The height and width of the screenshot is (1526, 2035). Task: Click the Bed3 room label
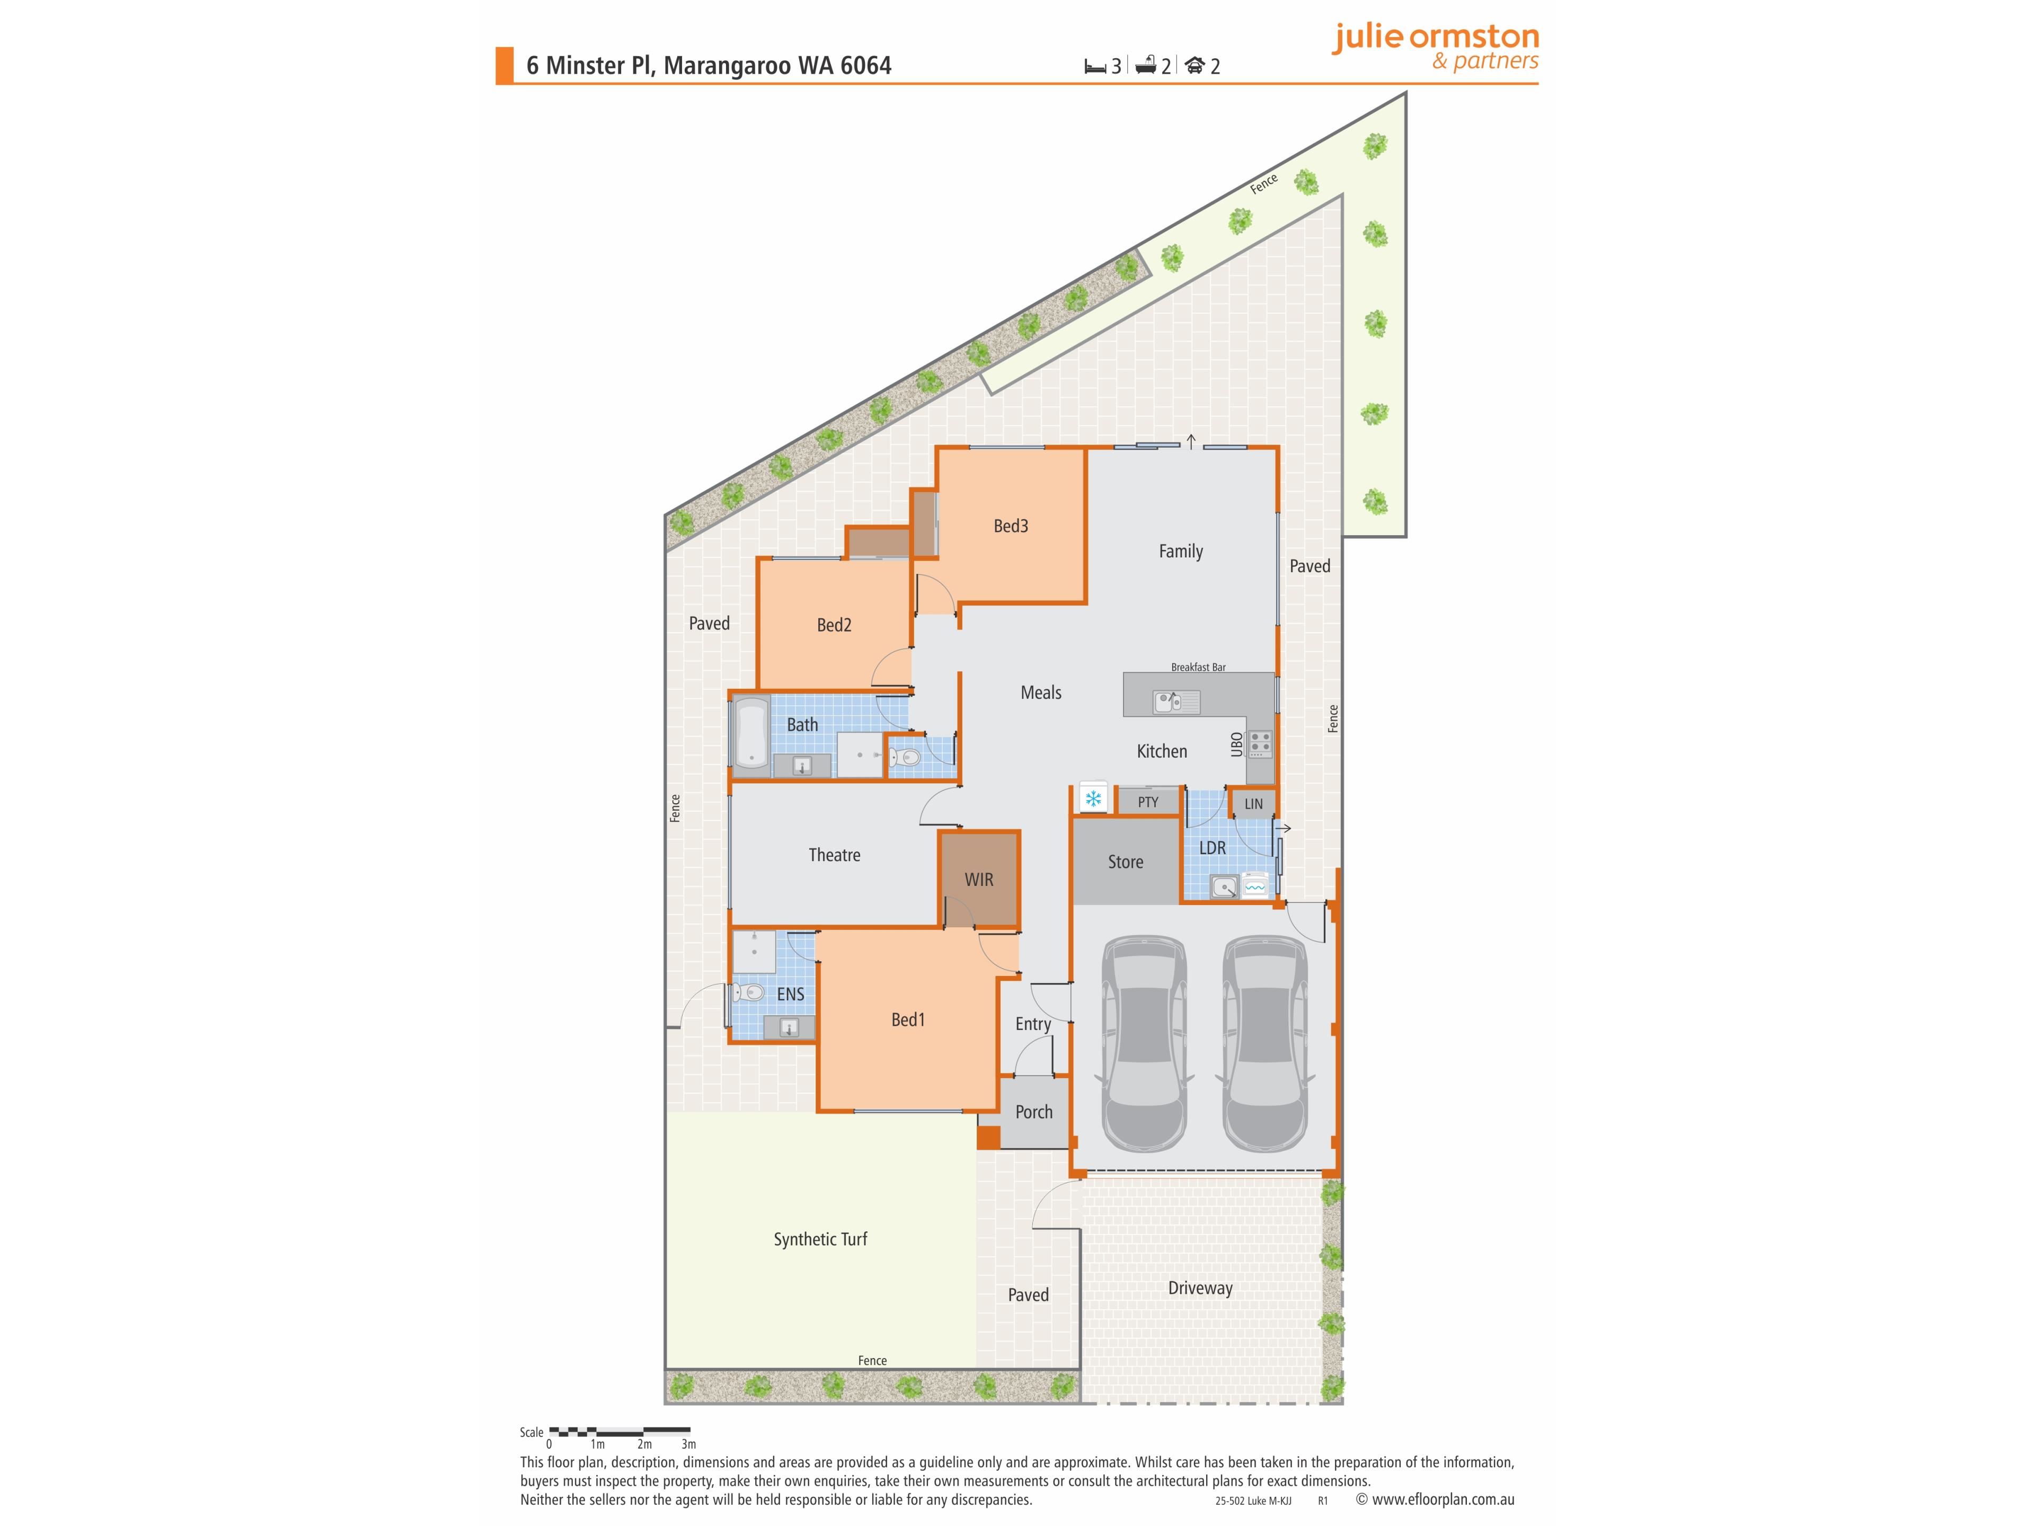[x=1010, y=526]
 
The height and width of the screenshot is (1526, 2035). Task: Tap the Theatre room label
[x=835, y=855]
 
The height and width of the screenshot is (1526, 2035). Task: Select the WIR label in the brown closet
[x=979, y=880]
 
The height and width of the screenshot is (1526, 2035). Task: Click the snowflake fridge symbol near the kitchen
[x=1093, y=799]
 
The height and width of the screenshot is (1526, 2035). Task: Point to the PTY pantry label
[x=1147, y=802]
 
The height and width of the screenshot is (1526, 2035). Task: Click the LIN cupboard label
[x=1253, y=804]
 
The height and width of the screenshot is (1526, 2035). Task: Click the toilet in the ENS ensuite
[x=747, y=992]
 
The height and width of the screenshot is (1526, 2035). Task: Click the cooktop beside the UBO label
[x=1260, y=743]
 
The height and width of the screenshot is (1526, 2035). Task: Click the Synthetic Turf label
[x=820, y=1239]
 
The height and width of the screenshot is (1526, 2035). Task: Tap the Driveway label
[x=1200, y=1288]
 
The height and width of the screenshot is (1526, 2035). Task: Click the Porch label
[x=1033, y=1112]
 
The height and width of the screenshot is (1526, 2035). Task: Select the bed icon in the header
[x=1095, y=66]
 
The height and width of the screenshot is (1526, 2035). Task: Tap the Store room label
[x=1125, y=862]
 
